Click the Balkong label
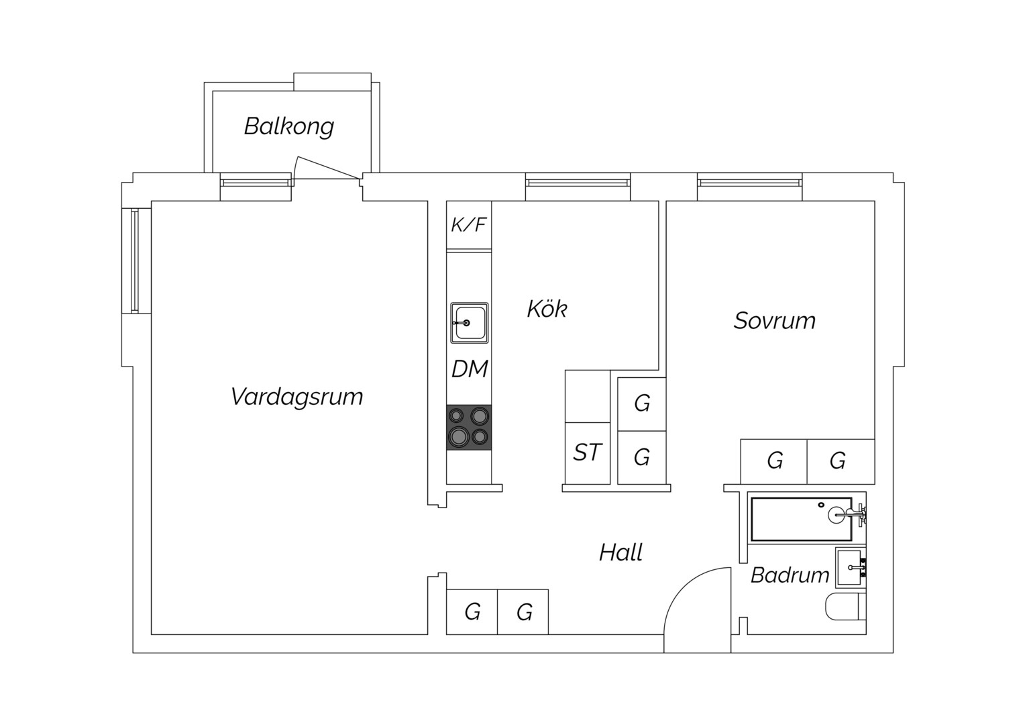click(288, 127)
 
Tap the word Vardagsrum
click(296, 397)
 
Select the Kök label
click(547, 309)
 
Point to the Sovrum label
click(775, 321)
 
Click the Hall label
click(621, 552)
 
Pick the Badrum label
click(790, 575)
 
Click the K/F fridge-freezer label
click(469, 225)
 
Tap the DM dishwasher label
click(470, 369)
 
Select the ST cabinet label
click(587, 452)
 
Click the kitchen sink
click(469, 323)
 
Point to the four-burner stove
click(469, 428)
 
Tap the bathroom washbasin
click(851, 567)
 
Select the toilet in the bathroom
click(846, 607)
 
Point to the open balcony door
click(327, 168)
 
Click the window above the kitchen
click(578, 183)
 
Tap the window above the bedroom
click(749, 183)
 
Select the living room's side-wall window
click(135, 261)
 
